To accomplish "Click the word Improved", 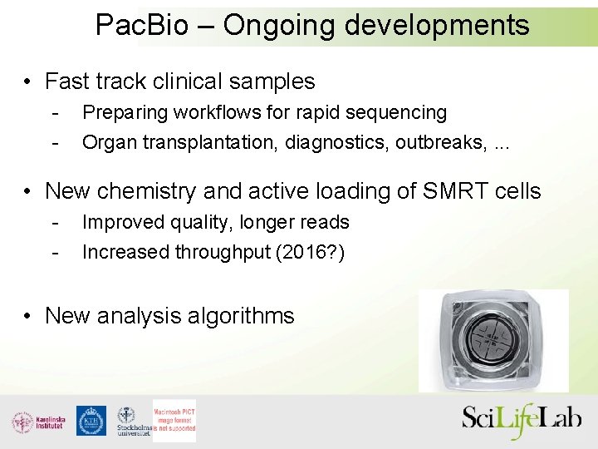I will coord(122,222).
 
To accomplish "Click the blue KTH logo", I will coord(91,421).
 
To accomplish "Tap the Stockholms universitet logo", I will coord(132,422).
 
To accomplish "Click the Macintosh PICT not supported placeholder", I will coord(174,421).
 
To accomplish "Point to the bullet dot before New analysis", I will coord(28,317).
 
